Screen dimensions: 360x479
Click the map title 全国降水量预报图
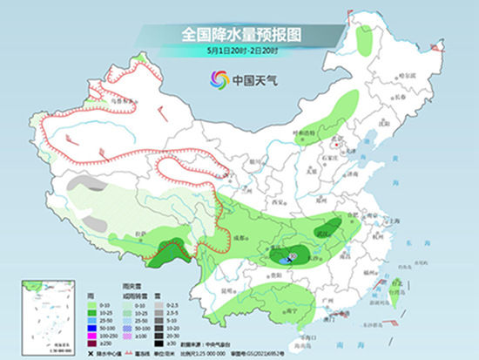pos(240,34)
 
